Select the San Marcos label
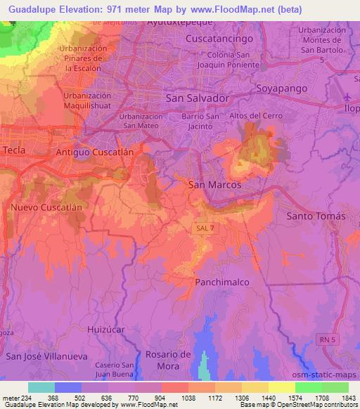point(215,184)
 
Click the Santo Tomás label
point(316,216)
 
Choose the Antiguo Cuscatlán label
point(98,152)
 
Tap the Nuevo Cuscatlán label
point(46,208)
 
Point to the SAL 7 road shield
point(202,228)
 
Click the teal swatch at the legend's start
point(41,387)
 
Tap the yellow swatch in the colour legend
point(281,387)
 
